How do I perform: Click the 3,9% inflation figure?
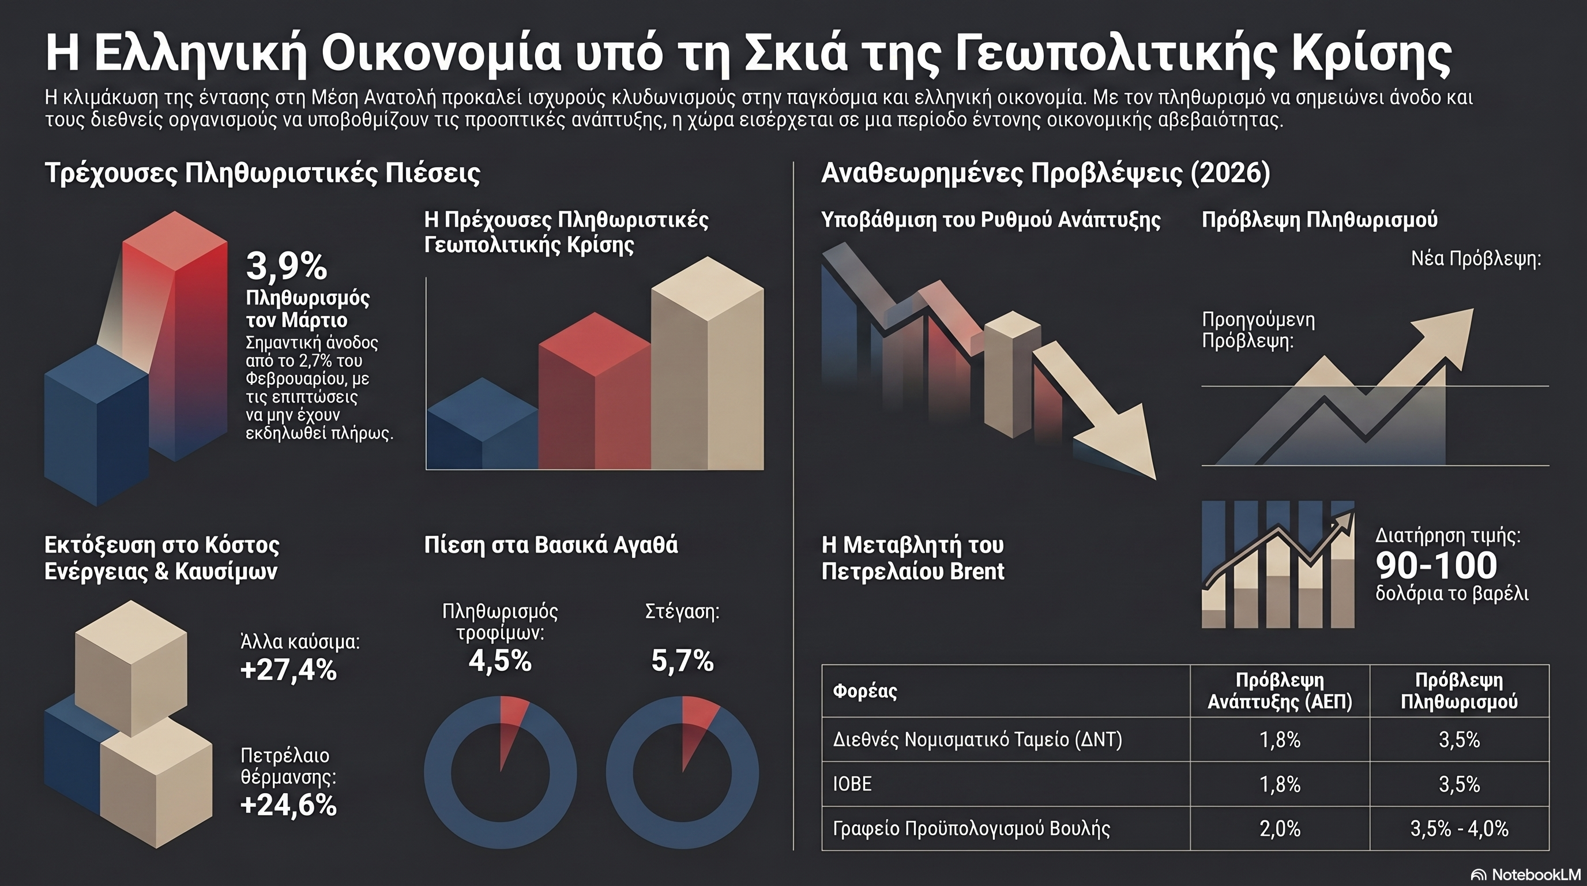287,266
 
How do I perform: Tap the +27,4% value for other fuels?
288,670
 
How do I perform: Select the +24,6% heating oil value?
288,805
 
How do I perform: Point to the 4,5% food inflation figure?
499,660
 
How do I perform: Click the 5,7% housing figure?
682,660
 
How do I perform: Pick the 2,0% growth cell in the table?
1280,829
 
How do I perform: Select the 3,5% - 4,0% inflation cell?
1459,829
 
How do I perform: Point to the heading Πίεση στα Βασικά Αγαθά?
551,545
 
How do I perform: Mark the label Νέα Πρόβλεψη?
1476,258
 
